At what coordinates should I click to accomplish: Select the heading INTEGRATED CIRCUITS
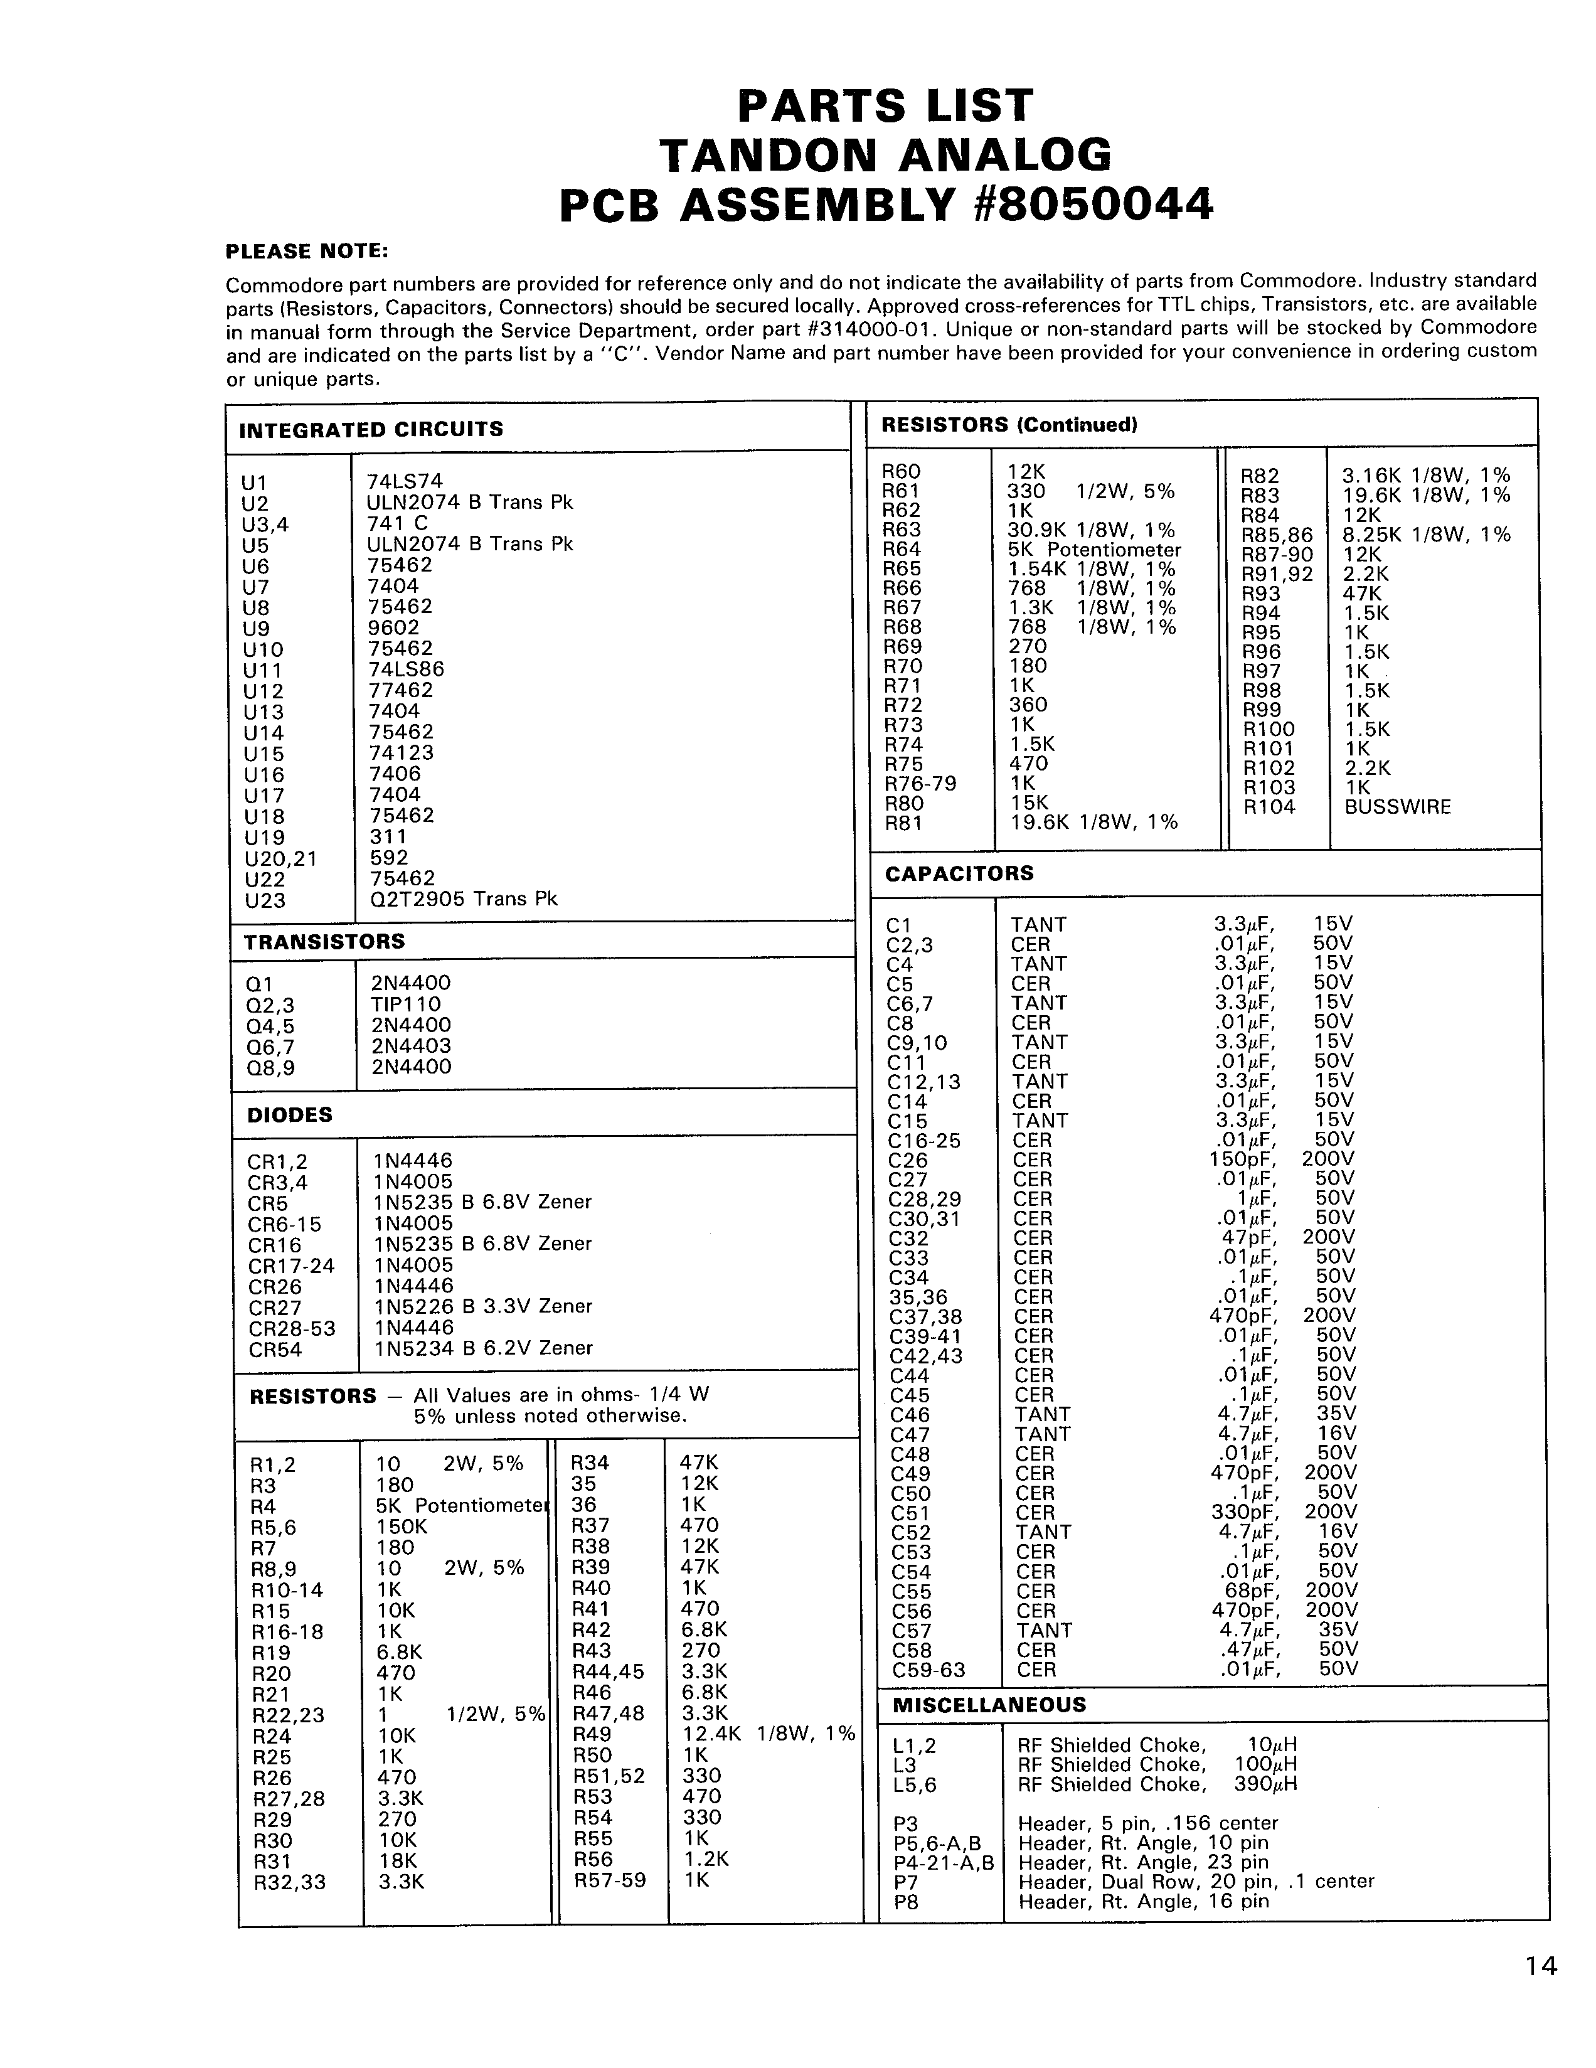point(371,429)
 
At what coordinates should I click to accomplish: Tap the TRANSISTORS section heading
point(325,941)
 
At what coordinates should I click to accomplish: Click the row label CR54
point(275,1350)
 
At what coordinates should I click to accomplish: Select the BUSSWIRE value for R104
point(1397,807)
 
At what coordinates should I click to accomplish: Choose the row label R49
point(593,1734)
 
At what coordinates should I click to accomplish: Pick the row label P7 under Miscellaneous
point(906,1882)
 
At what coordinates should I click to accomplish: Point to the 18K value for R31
point(396,1860)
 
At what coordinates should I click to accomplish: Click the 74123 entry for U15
point(402,753)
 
